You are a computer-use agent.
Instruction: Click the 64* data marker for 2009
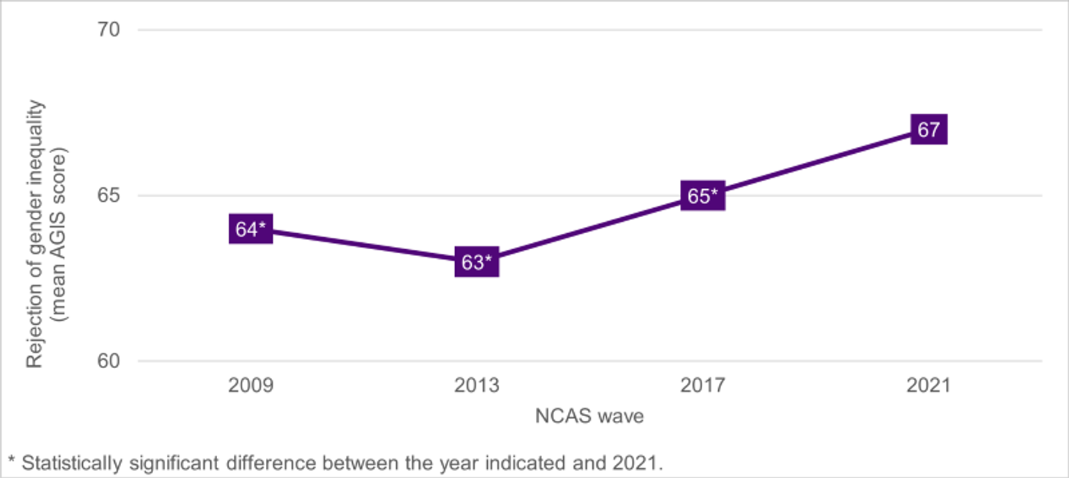pyautogui.click(x=251, y=230)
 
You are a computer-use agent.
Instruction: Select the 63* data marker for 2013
pyautogui.click(x=477, y=263)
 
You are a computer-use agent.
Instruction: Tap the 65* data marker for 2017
pyautogui.click(x=703, y=196)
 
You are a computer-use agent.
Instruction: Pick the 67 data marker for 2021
pyautogui.click(x=928, y=130)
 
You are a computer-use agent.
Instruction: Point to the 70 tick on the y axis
pyautogui.click(x=111, y=30)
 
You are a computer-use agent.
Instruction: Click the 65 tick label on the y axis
pyautogui.click(x=111, y=196)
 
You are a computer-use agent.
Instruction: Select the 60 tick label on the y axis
pyautogui.click(x=111, y=361)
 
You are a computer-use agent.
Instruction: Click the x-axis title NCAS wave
pyautogui.click(x=589, y=417)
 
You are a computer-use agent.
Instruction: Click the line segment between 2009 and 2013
pyautogui.click(x=363, y=246)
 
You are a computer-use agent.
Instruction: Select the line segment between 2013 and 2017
pyautogui.click(x=590, y=230)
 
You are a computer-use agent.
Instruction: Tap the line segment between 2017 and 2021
pyautogui.click(x=816, y=163)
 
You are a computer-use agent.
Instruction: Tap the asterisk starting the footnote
pyautogui.click(x=11, y=461)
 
